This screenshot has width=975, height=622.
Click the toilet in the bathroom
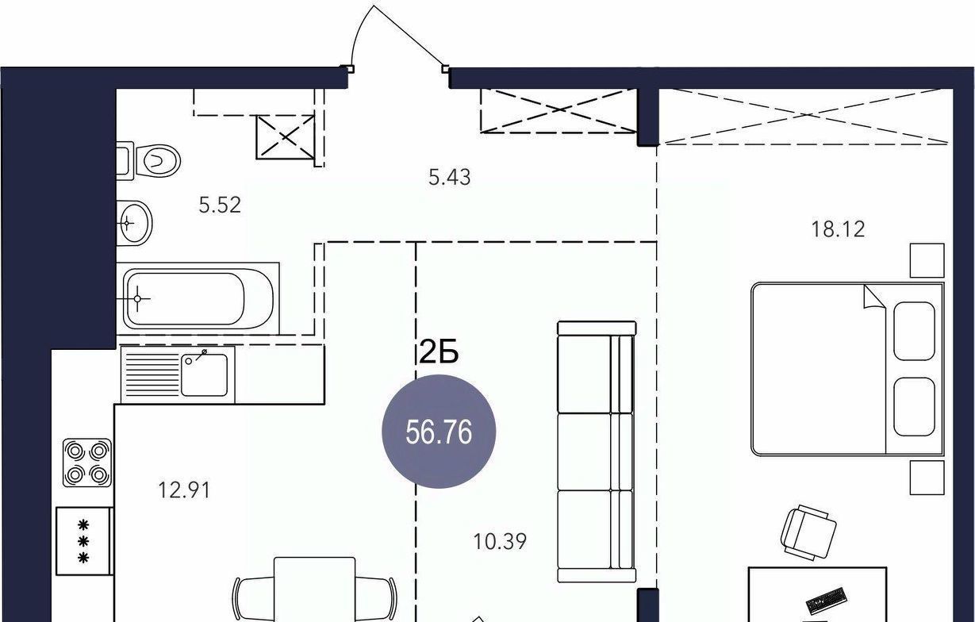[149, 160]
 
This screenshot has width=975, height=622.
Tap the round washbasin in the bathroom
[134, 223]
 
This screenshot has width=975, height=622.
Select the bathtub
[198, 298]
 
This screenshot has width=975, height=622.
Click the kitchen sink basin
[204, 374]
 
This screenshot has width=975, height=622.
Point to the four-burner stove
[87, 463]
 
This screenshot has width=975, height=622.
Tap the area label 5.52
[220, 205]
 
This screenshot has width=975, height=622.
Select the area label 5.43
[450, 178]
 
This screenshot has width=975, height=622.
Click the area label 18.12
[839, 229]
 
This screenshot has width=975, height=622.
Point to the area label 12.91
[184, 490]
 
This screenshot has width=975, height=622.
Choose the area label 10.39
[500, 542]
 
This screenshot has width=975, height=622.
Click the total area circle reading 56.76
[439, 432]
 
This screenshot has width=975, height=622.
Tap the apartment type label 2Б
[439, 351]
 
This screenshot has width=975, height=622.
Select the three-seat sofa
[597, 451]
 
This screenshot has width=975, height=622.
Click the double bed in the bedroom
[847, 369]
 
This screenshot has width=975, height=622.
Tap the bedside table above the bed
[927, 260]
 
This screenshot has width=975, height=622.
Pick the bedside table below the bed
[927, 478]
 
